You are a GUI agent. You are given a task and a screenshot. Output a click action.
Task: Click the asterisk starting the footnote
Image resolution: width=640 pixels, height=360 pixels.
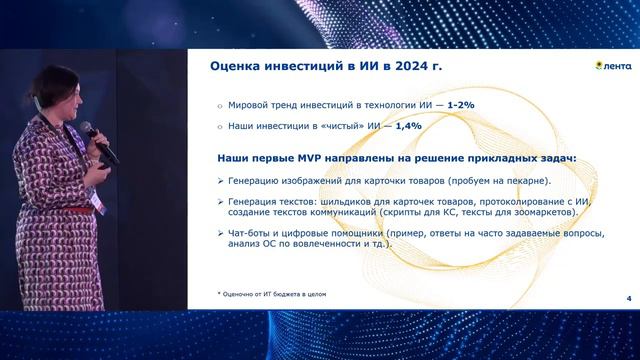pos(219,294)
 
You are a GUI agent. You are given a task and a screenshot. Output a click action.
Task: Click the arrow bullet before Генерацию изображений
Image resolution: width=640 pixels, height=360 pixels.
pos(220,180)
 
